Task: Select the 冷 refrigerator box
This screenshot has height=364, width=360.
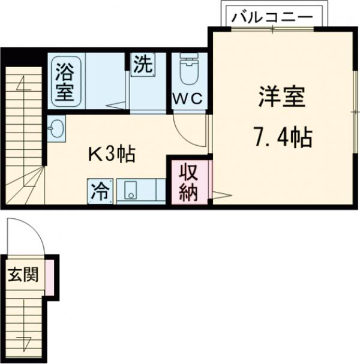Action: coord(100,191)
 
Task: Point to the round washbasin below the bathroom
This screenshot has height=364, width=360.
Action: coord(57,128)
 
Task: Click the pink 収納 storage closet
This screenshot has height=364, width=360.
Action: coord(188,182)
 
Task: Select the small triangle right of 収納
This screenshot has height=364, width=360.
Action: coord(220,194)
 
